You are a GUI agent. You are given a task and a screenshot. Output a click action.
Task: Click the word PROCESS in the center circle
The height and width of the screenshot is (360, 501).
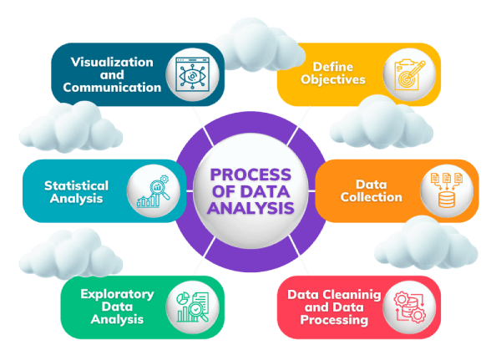249,175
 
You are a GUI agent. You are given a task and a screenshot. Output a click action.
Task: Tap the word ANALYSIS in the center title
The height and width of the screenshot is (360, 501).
250,208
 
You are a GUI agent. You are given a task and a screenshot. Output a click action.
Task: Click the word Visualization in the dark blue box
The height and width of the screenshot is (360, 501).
112,63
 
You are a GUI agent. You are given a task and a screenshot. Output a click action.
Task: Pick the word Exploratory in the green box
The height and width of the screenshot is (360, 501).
117,294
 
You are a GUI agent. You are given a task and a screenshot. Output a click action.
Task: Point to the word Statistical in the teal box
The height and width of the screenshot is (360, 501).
76,185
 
